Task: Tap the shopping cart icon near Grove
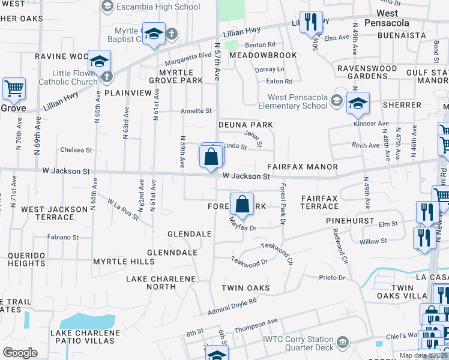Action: coord(14,89)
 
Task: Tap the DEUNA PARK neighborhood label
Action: coord(246,125)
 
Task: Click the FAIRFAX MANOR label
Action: coord(303,167)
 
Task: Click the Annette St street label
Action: coord(197,111)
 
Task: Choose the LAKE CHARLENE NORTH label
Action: coord(160,283)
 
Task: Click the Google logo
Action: coord(20,353)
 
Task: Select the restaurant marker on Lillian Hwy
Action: coord(310,23)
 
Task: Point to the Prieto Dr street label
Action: coord(332,278)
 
